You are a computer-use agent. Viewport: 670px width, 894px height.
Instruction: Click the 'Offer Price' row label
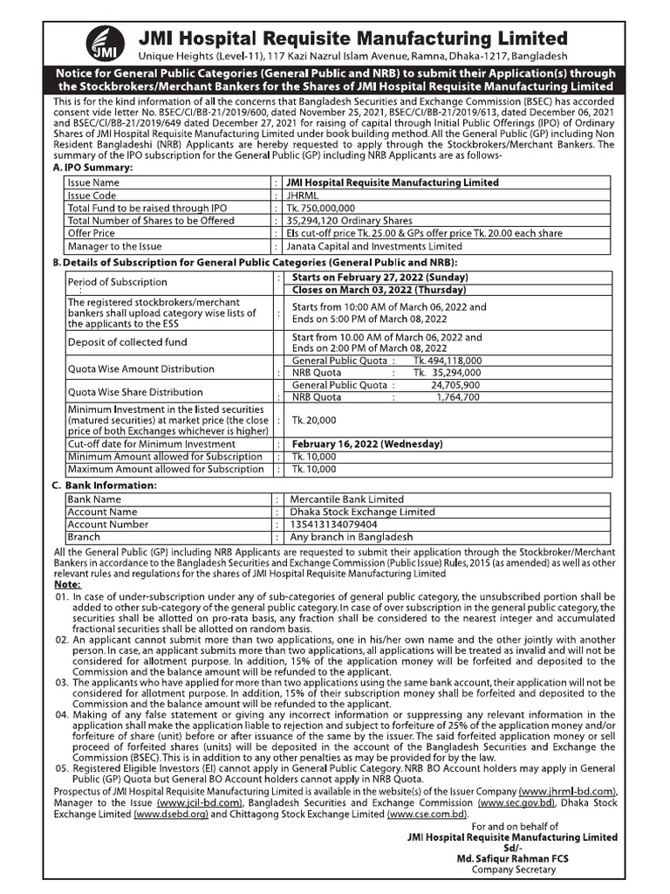(x=92, y=233)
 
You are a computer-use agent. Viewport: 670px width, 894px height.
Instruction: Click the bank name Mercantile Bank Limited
(x=348, y=499)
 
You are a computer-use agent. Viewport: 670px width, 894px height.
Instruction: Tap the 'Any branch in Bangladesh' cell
(x=352, y=537)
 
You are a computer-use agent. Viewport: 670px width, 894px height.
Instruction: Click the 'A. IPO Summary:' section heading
(x=93, y=166)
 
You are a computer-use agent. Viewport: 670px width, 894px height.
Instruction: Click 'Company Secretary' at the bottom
(x=513, y=870)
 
